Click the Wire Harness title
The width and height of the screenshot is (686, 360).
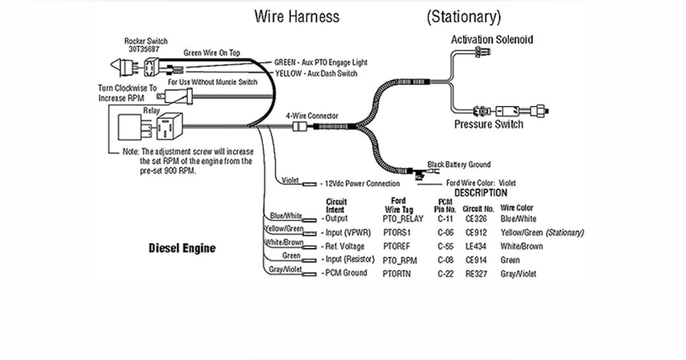point(297,17)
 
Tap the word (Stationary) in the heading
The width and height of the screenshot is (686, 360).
point(464,17)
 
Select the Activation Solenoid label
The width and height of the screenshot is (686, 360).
point(492,40)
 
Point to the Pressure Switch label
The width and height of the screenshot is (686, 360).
point(488,124)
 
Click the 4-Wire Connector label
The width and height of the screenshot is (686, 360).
point(312,116)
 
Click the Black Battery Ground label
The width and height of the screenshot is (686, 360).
point(459,165)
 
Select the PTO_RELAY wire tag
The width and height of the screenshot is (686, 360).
point(401,219)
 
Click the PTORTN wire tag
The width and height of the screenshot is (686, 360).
point(396,274)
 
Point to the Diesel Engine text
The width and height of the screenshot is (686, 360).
point(182,248)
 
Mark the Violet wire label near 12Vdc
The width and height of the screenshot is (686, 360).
point(290,181)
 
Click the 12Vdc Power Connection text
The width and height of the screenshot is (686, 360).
point(362,183)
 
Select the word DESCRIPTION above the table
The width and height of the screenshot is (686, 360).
point(481,193)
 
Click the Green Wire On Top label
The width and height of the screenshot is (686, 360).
point(212,53)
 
